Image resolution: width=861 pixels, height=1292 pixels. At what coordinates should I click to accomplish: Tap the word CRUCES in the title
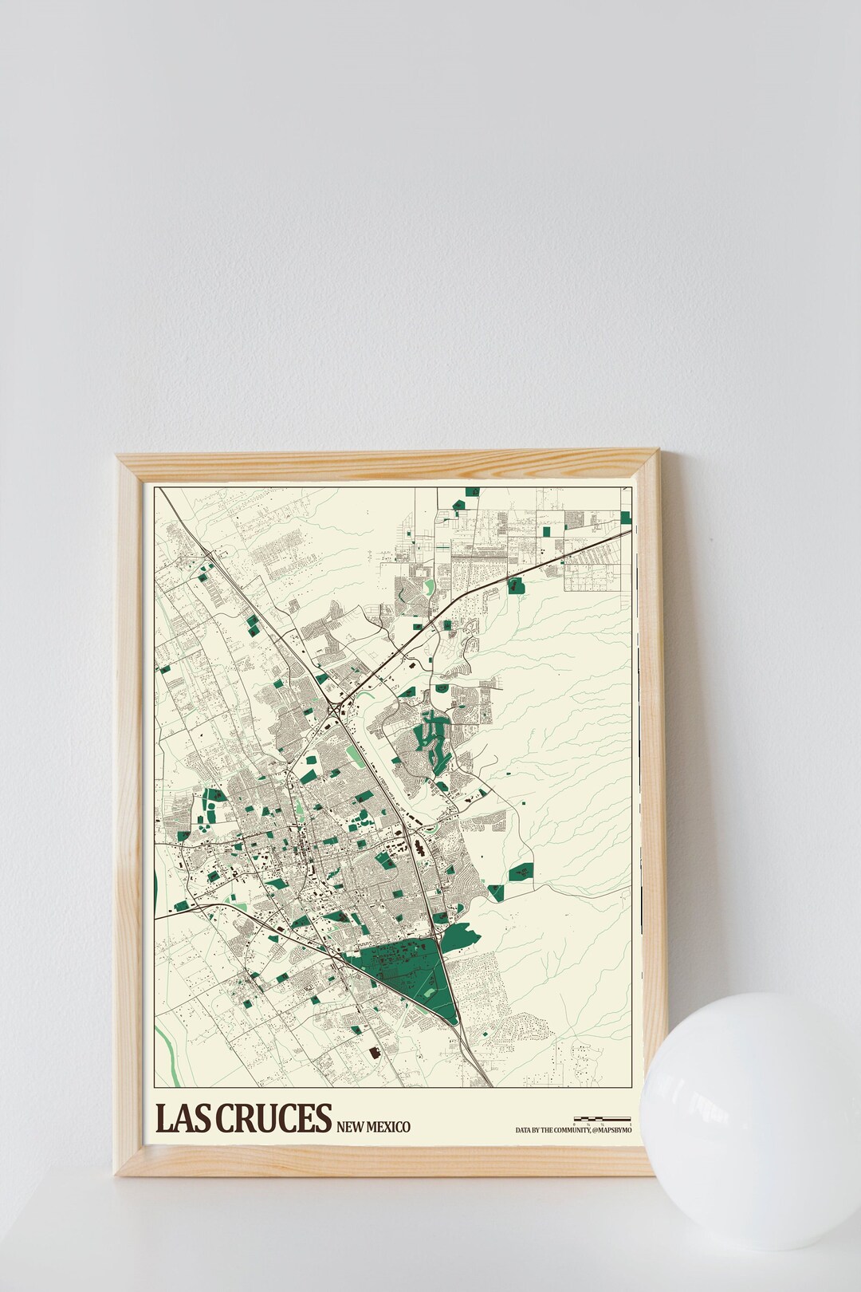(x=271, y=1118)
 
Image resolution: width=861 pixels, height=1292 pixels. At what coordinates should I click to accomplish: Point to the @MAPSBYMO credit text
(x=611, y=1130)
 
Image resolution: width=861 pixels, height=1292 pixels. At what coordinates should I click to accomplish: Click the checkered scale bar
(x=602, y=1118)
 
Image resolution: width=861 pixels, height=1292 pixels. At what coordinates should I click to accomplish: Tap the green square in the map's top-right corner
(x=626, y=517)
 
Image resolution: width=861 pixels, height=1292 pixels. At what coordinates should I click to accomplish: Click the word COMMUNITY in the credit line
(x=570, y=1130)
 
